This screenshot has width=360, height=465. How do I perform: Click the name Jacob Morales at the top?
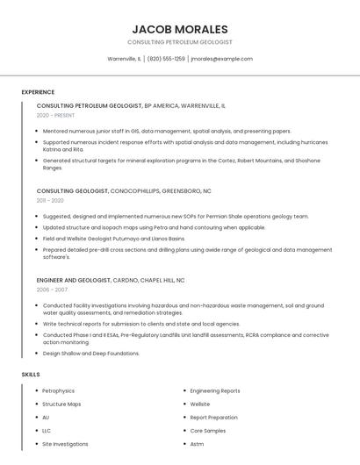tap(179, 29)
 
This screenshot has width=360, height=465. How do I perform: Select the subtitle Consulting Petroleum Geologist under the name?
tap(179, 42)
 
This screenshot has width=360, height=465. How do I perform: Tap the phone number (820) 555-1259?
tap(166, 59)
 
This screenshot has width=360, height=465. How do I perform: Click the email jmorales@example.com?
tap(221, 59)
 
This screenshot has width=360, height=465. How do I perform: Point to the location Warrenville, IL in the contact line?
tap(124, 59)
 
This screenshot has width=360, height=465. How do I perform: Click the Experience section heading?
tap(38, 92)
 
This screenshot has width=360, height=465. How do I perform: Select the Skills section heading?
tap(31, 375)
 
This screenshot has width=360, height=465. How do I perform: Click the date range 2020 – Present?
tap(55, 115)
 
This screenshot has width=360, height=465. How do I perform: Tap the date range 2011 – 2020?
tap(51, 201)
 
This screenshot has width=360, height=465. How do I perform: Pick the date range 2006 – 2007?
tap(52, 290)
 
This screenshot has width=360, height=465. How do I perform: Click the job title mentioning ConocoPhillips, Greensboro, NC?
tap(124, 190)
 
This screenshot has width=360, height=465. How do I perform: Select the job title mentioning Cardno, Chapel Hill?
tap(111, 280)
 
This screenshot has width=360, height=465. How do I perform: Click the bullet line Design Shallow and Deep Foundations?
tap(91, 354)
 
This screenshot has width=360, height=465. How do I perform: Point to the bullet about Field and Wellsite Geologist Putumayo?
tap(114, 239)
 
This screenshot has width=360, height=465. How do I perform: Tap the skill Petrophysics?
tap(59, 391)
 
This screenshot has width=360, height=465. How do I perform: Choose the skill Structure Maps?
tap(61, 404)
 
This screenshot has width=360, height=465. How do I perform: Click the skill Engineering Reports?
tap(215, 391)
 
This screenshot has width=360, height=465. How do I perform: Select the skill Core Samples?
tap(208, 431)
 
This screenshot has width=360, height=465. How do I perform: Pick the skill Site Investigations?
tap(66, 444)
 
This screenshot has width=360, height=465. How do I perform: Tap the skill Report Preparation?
tap(213, 418)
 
